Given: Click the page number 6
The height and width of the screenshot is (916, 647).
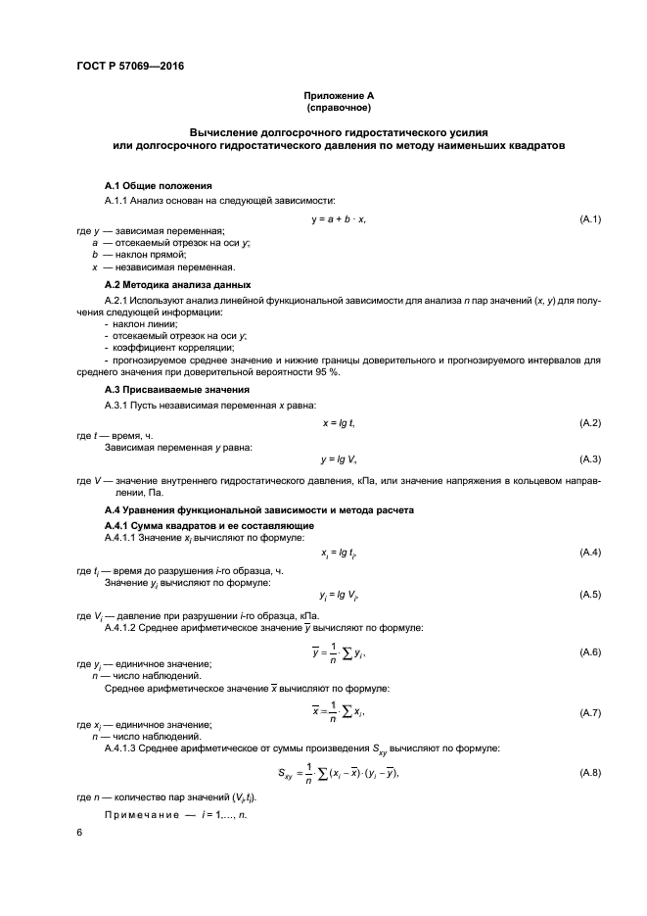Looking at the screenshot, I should pos(80,832).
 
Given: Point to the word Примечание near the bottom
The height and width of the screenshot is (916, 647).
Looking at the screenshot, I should pos(141,814).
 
